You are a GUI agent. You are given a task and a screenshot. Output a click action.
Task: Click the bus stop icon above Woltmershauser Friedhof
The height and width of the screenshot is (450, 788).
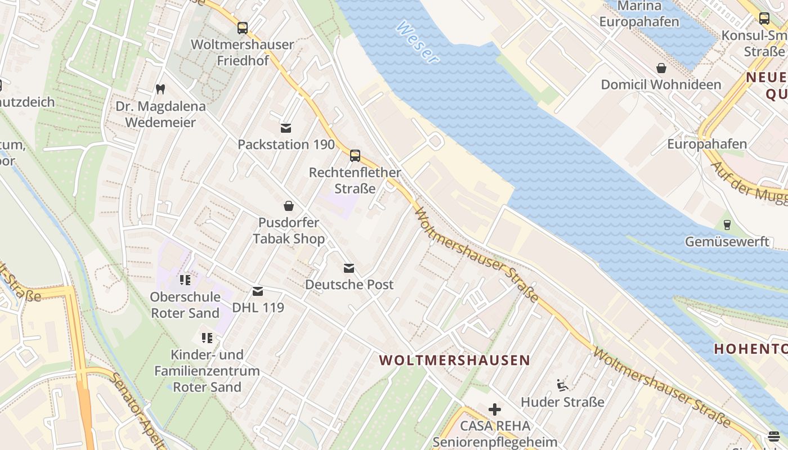coord(243,28)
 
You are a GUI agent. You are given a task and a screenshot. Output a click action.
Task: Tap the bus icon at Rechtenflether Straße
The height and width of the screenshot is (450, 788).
coord(355,156)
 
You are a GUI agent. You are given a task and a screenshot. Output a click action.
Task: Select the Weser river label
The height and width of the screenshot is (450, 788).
coord(417,42)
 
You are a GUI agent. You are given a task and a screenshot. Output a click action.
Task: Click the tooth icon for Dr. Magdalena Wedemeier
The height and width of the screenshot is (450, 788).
coord(160,89)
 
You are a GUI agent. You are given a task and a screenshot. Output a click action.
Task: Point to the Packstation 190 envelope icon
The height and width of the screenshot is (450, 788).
coord(286,128)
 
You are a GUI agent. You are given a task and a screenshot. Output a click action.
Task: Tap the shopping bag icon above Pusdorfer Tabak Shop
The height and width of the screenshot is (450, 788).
coord(289,206)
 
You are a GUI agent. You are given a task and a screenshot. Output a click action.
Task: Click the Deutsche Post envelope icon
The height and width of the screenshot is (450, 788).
coord(349,268)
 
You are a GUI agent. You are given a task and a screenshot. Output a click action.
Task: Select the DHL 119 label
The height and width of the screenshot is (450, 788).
coord(258,308)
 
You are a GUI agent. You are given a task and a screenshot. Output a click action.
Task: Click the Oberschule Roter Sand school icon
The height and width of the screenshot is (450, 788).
coord(185,280)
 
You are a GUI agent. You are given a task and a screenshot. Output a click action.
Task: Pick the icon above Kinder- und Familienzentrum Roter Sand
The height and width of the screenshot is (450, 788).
coord(207,338)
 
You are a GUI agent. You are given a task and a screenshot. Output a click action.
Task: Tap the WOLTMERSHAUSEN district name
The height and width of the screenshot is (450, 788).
coord(455,360)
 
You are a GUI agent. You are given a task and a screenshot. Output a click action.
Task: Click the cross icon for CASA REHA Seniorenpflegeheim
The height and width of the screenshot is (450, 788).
coord(495,409)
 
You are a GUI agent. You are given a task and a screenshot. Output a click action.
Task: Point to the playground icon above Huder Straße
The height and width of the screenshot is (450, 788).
coord(562,385)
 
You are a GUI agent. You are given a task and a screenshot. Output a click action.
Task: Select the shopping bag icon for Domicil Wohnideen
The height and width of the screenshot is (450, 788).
coord(661,68)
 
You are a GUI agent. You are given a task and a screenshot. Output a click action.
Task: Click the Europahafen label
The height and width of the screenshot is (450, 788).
coord(707,144)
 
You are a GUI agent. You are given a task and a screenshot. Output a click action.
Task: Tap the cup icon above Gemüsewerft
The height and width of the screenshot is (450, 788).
coord(727,225)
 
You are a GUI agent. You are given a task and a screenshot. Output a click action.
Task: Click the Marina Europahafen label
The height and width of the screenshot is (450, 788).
coord(639,14)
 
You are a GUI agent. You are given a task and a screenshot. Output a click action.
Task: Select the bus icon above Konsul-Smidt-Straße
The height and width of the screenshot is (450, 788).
coord(764,19)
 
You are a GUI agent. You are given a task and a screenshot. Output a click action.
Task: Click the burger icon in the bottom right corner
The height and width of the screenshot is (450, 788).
coord(773,436)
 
